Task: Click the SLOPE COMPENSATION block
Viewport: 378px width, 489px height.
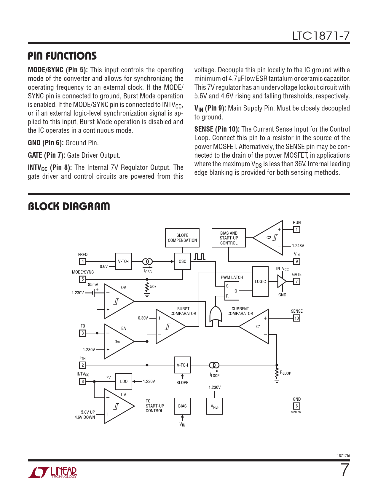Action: [182, 238]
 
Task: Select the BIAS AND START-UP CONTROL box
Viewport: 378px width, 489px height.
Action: [229, 238]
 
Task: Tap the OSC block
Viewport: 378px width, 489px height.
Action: [182, 261]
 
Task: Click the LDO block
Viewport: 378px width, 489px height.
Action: [124, 381]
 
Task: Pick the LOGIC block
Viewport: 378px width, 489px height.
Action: [260, 281]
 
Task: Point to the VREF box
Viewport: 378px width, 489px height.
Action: [214, 406]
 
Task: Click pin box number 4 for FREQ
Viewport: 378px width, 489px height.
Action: [83, 261]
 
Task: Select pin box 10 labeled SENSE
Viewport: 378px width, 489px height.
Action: [296, 318]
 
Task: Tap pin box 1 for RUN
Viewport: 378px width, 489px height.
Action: [296, 229]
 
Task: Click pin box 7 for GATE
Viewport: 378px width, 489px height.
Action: [296, 281]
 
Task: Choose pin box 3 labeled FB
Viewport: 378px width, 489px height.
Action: [83, 333]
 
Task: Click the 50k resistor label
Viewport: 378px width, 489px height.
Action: [153, 287]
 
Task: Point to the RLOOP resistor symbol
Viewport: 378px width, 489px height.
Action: [277, 373]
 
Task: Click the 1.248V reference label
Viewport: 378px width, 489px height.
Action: [298, 246]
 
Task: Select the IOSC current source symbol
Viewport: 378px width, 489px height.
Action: [147, 261]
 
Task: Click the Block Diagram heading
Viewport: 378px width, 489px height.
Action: [69, 207]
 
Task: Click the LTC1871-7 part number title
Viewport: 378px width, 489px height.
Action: [321, 36]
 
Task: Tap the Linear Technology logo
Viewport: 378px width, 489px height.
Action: [52, 472]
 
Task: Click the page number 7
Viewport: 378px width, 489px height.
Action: [344, 470]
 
